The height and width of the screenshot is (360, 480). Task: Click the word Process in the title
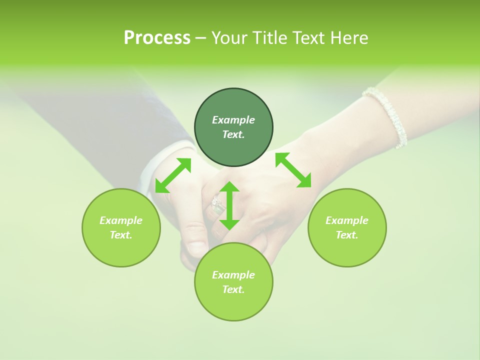pyautogui.click(x=157, y=38)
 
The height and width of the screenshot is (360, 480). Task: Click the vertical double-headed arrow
pyautogui.click(x=229, y=205)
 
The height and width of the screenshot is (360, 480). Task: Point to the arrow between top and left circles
pyautogui.click(x=173, y=175)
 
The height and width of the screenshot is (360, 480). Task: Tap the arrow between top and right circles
pyautogui.click(x=293, y=170)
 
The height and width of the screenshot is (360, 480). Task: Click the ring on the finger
pyautogui.click(x=217, y=205)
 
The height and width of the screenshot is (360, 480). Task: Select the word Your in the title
pyautogui.click(x=227, y=38)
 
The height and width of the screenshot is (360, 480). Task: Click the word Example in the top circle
pyautogui.click(x=233, y=120)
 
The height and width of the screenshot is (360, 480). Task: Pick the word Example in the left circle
pyautogui.click(x=121, y=220)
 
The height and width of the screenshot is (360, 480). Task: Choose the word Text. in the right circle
pyautogui.click(x=347, y=235)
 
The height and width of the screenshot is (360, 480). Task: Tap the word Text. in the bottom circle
pyautogui.click(x=233, y=289)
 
